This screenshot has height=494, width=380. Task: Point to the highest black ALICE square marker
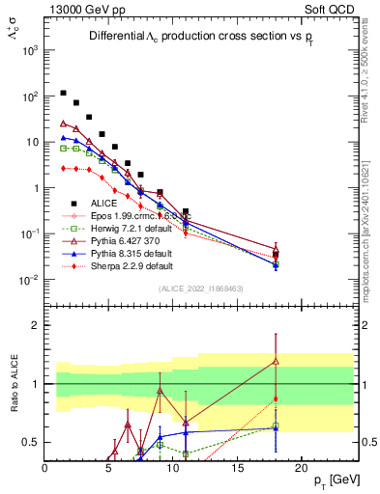click(x=64, y=94)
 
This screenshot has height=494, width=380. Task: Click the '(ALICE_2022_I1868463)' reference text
click(x=200, y=288)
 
